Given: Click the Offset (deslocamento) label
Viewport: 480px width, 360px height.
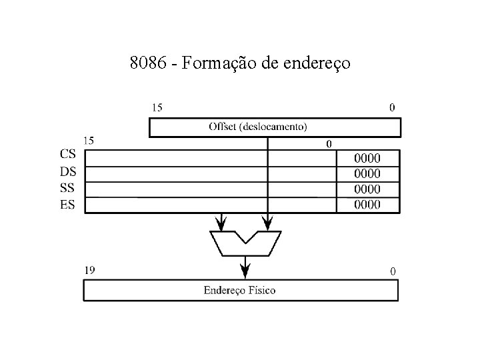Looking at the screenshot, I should click(258, 126).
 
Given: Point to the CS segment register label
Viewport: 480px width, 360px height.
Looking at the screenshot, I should click(67, 156).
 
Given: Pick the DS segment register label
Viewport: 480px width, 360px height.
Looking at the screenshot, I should click(67, 171).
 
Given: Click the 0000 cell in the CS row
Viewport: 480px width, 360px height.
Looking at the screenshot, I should click(368, 158).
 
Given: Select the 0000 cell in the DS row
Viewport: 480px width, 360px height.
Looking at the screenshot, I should click(368, 173).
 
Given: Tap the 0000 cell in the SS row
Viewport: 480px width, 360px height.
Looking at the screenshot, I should click(368, 189).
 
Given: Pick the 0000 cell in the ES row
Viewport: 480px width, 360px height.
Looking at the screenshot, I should click(368, 204).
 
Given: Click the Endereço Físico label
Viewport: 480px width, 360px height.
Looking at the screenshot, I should click(240, 290).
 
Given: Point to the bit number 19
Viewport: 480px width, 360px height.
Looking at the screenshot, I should click(91, 270).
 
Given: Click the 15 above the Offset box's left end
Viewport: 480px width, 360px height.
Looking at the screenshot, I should click(158, 107).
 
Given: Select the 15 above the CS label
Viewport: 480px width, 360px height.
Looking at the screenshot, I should click(88, 141).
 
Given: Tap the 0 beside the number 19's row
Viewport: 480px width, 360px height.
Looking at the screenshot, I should click(392, 271).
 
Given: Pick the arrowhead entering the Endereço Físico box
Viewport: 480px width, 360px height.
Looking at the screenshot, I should click(245, 272).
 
